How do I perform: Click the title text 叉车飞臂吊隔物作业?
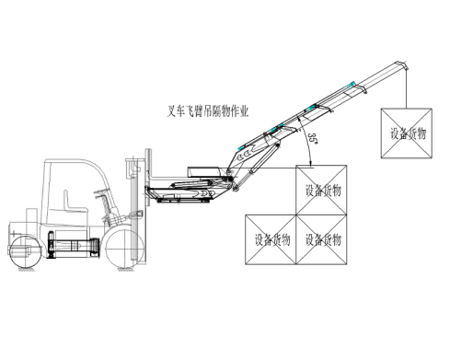pyautogui.click(x=207, y=111)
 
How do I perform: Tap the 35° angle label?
pyautogui.click(x=313, y=138)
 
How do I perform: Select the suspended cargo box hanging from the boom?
pyautogui.click(x=407, y=134)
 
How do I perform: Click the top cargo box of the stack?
pyautogui.click(x=321, y=190)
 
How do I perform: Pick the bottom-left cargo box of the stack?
pyautogui.click(x=271, y=239)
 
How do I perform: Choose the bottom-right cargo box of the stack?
pyautogui.click(x=321, y=239)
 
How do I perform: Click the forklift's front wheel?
pyautogui.click(x=124, y=248)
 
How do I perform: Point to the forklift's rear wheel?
pyautogui.click(x=26, y=251)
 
